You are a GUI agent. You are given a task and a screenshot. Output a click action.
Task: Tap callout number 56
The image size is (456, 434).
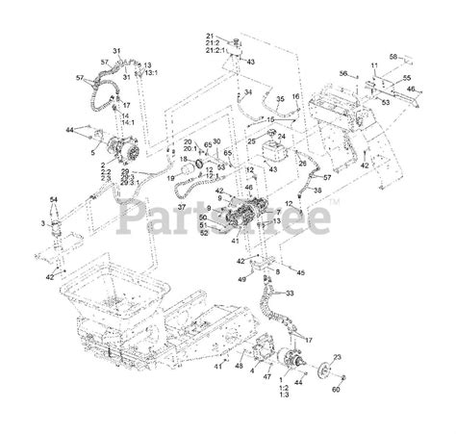pos(343,73)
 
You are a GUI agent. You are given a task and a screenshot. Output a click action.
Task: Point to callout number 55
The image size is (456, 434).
pos(407,76)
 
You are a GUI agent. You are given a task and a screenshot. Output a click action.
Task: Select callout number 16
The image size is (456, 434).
pos(295,97)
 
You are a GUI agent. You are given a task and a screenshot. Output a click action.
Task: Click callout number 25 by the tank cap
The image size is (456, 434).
pos(251,141)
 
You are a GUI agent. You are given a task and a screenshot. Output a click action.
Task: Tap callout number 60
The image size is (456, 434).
pos(336,390)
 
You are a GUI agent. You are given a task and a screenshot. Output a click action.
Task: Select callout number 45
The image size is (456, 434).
pos(301,272)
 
